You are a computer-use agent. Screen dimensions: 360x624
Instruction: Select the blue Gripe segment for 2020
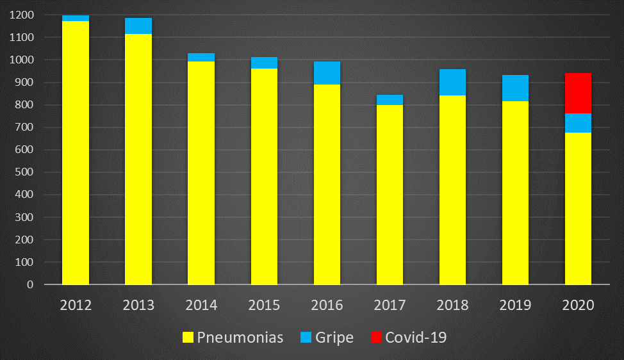[x=578, y=123]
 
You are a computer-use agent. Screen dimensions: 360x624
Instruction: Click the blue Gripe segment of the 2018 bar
[x=452, y=82]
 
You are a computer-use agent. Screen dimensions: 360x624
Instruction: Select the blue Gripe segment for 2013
[x=138, y=26]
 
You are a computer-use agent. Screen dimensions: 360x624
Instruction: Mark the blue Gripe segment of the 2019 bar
[x=515, y=88]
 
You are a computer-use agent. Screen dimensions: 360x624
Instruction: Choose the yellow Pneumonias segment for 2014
[x=201, y=173]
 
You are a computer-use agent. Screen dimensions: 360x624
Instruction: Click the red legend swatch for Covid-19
[x=376, y=338]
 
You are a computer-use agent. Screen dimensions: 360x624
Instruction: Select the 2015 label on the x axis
[x=264, y=305]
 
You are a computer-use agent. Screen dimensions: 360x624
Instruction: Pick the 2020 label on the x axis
[x=578, y=305]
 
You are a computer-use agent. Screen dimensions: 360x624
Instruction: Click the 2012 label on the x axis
[x=76, y=305]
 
